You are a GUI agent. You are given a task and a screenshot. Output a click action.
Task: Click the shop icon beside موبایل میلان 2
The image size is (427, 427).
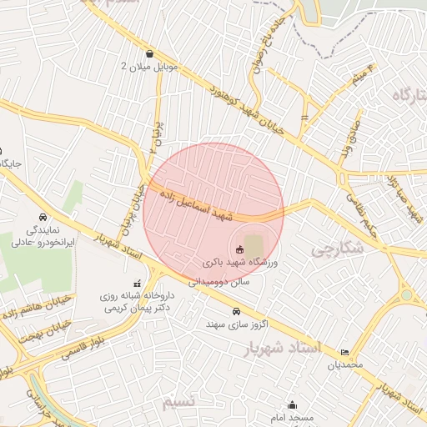pos(148,54)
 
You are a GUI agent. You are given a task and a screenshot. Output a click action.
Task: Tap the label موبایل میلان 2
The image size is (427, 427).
pos(148,67)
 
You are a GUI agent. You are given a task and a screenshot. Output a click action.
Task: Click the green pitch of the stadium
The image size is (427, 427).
pos(253,245)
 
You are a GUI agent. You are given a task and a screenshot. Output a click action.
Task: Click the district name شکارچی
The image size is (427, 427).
pos(338,249)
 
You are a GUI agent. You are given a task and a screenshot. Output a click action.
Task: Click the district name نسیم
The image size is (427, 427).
pos(179,402)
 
